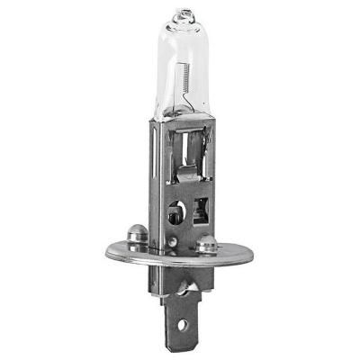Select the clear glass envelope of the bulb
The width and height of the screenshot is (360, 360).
185,54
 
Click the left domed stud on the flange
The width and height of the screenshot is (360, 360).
138,236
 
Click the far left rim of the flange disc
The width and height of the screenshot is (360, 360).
107,251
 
